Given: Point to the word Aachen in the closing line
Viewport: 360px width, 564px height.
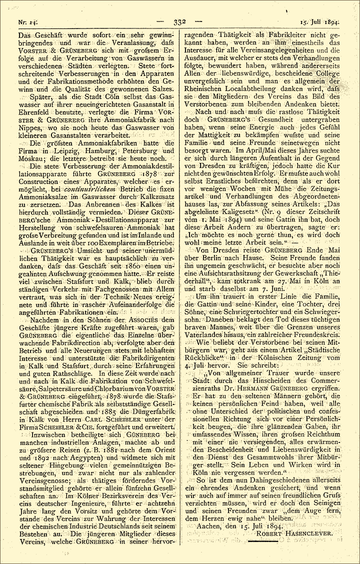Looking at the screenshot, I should tap(208, 525).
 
